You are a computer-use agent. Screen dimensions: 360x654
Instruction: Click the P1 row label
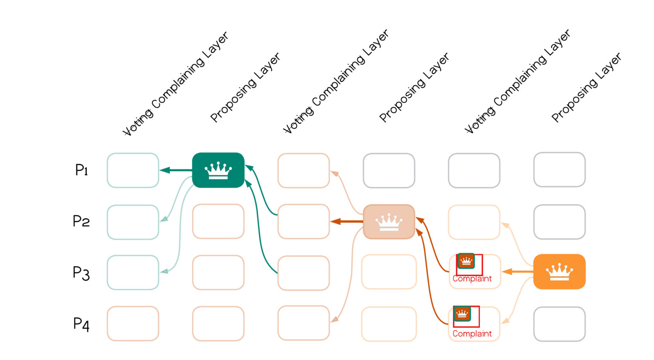[x=81, y=170]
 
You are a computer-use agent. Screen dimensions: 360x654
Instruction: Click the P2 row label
[x=81, y=221]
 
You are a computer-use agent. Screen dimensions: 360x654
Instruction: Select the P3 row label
[x=81, y=273]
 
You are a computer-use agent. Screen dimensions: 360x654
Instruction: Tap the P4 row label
[x=81, y=324]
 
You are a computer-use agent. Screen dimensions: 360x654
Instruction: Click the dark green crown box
[x=218, y=170]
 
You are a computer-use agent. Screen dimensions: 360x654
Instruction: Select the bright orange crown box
[x=559, y=271]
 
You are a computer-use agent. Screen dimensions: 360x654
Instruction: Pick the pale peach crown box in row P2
[x=389, y=222]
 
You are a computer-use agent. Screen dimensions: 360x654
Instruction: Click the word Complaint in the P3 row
[x=472, y=279]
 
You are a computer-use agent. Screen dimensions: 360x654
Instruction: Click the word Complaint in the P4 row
[x=472, y=334]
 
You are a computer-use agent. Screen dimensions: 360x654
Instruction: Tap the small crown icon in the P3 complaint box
[x=466, y=261]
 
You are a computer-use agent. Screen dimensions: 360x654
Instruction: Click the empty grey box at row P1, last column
[x=559, y=170]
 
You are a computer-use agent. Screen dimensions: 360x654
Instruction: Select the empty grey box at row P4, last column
[x=559, y=324]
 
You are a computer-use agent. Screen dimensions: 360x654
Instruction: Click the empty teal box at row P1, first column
[x=133, y=170]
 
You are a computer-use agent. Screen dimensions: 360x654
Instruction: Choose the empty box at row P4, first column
[x=133, y=323]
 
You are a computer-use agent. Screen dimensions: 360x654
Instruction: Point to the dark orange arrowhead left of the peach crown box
[x=335, y=221]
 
